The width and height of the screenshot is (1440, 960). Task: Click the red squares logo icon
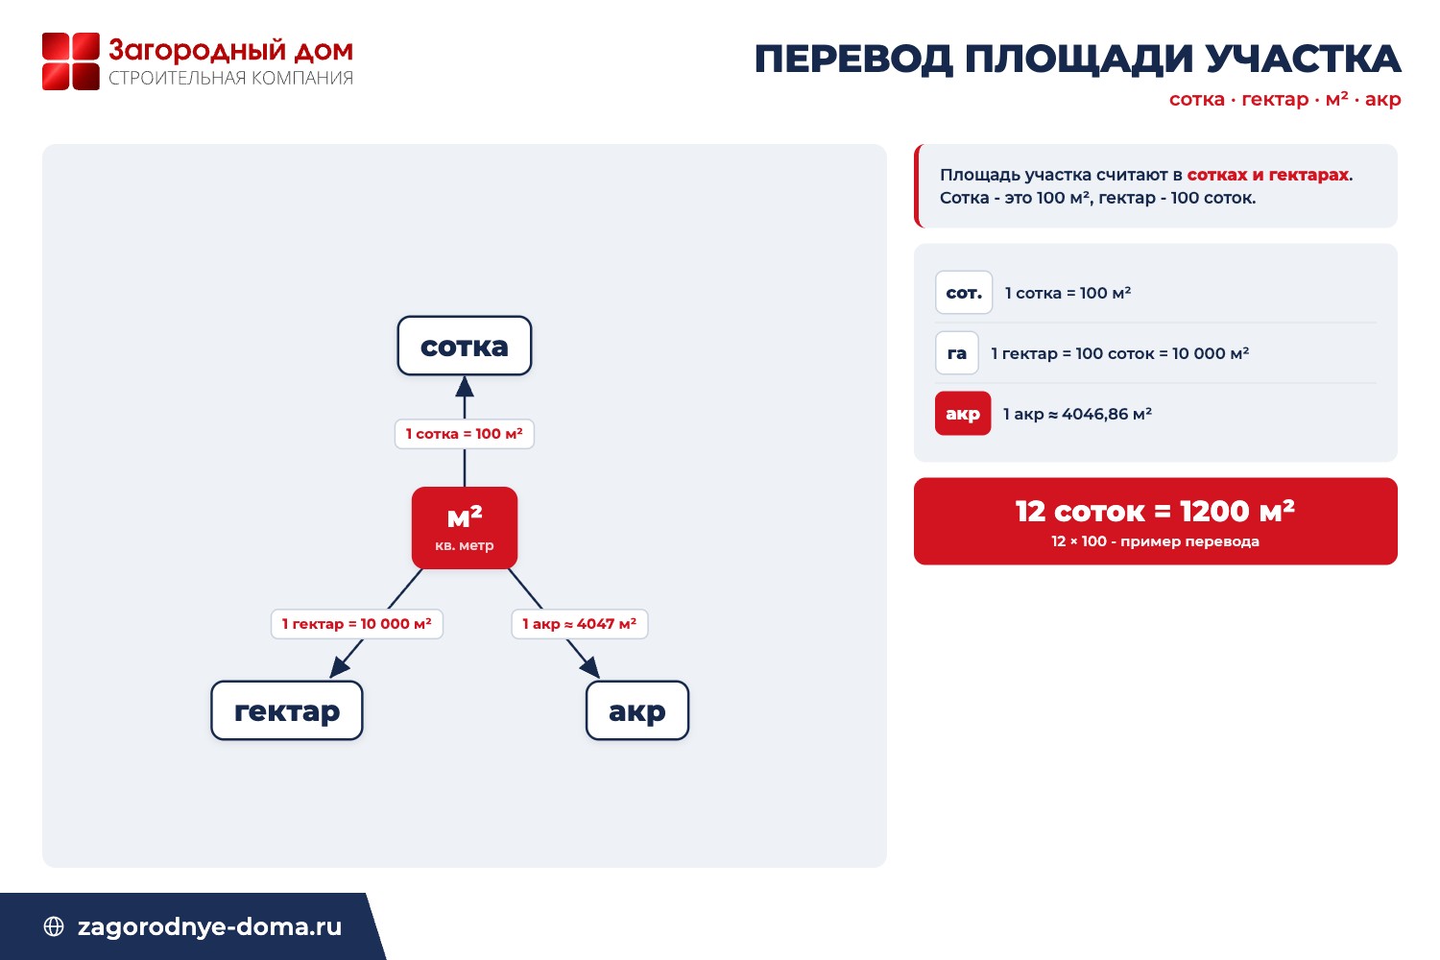tap(71, 61)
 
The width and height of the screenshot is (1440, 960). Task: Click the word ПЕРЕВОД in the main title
tap(853, 60)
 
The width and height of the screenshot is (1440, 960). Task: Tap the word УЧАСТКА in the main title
tap(1303, 59)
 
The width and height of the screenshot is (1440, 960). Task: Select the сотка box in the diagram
tap(464, 346)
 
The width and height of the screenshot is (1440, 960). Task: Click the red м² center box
tap(464, 528)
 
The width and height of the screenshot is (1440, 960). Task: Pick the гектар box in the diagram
tap(287, 710)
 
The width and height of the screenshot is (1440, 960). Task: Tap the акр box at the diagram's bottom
tap(637, 710)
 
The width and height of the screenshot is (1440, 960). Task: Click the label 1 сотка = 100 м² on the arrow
tap(464, 434)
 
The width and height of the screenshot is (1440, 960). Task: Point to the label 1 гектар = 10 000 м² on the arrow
tap(357, 624)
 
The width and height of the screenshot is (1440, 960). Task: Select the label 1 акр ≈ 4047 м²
tap(579, 624)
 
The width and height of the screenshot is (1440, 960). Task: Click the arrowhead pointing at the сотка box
tap(464, 387)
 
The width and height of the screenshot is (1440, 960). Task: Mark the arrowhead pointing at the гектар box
tap(339, 667)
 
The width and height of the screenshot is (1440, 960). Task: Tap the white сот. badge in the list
tap(964, 293)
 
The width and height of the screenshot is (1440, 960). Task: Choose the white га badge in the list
tap(956, 353)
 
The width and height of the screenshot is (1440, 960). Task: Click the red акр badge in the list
tap(962, 414)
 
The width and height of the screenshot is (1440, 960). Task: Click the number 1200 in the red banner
tap(1214, 512)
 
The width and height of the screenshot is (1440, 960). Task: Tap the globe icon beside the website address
tap(54, 926)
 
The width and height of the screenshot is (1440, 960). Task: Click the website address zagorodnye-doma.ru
tap(209, 926)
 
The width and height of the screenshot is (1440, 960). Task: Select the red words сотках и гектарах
tap(1268, 175)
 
